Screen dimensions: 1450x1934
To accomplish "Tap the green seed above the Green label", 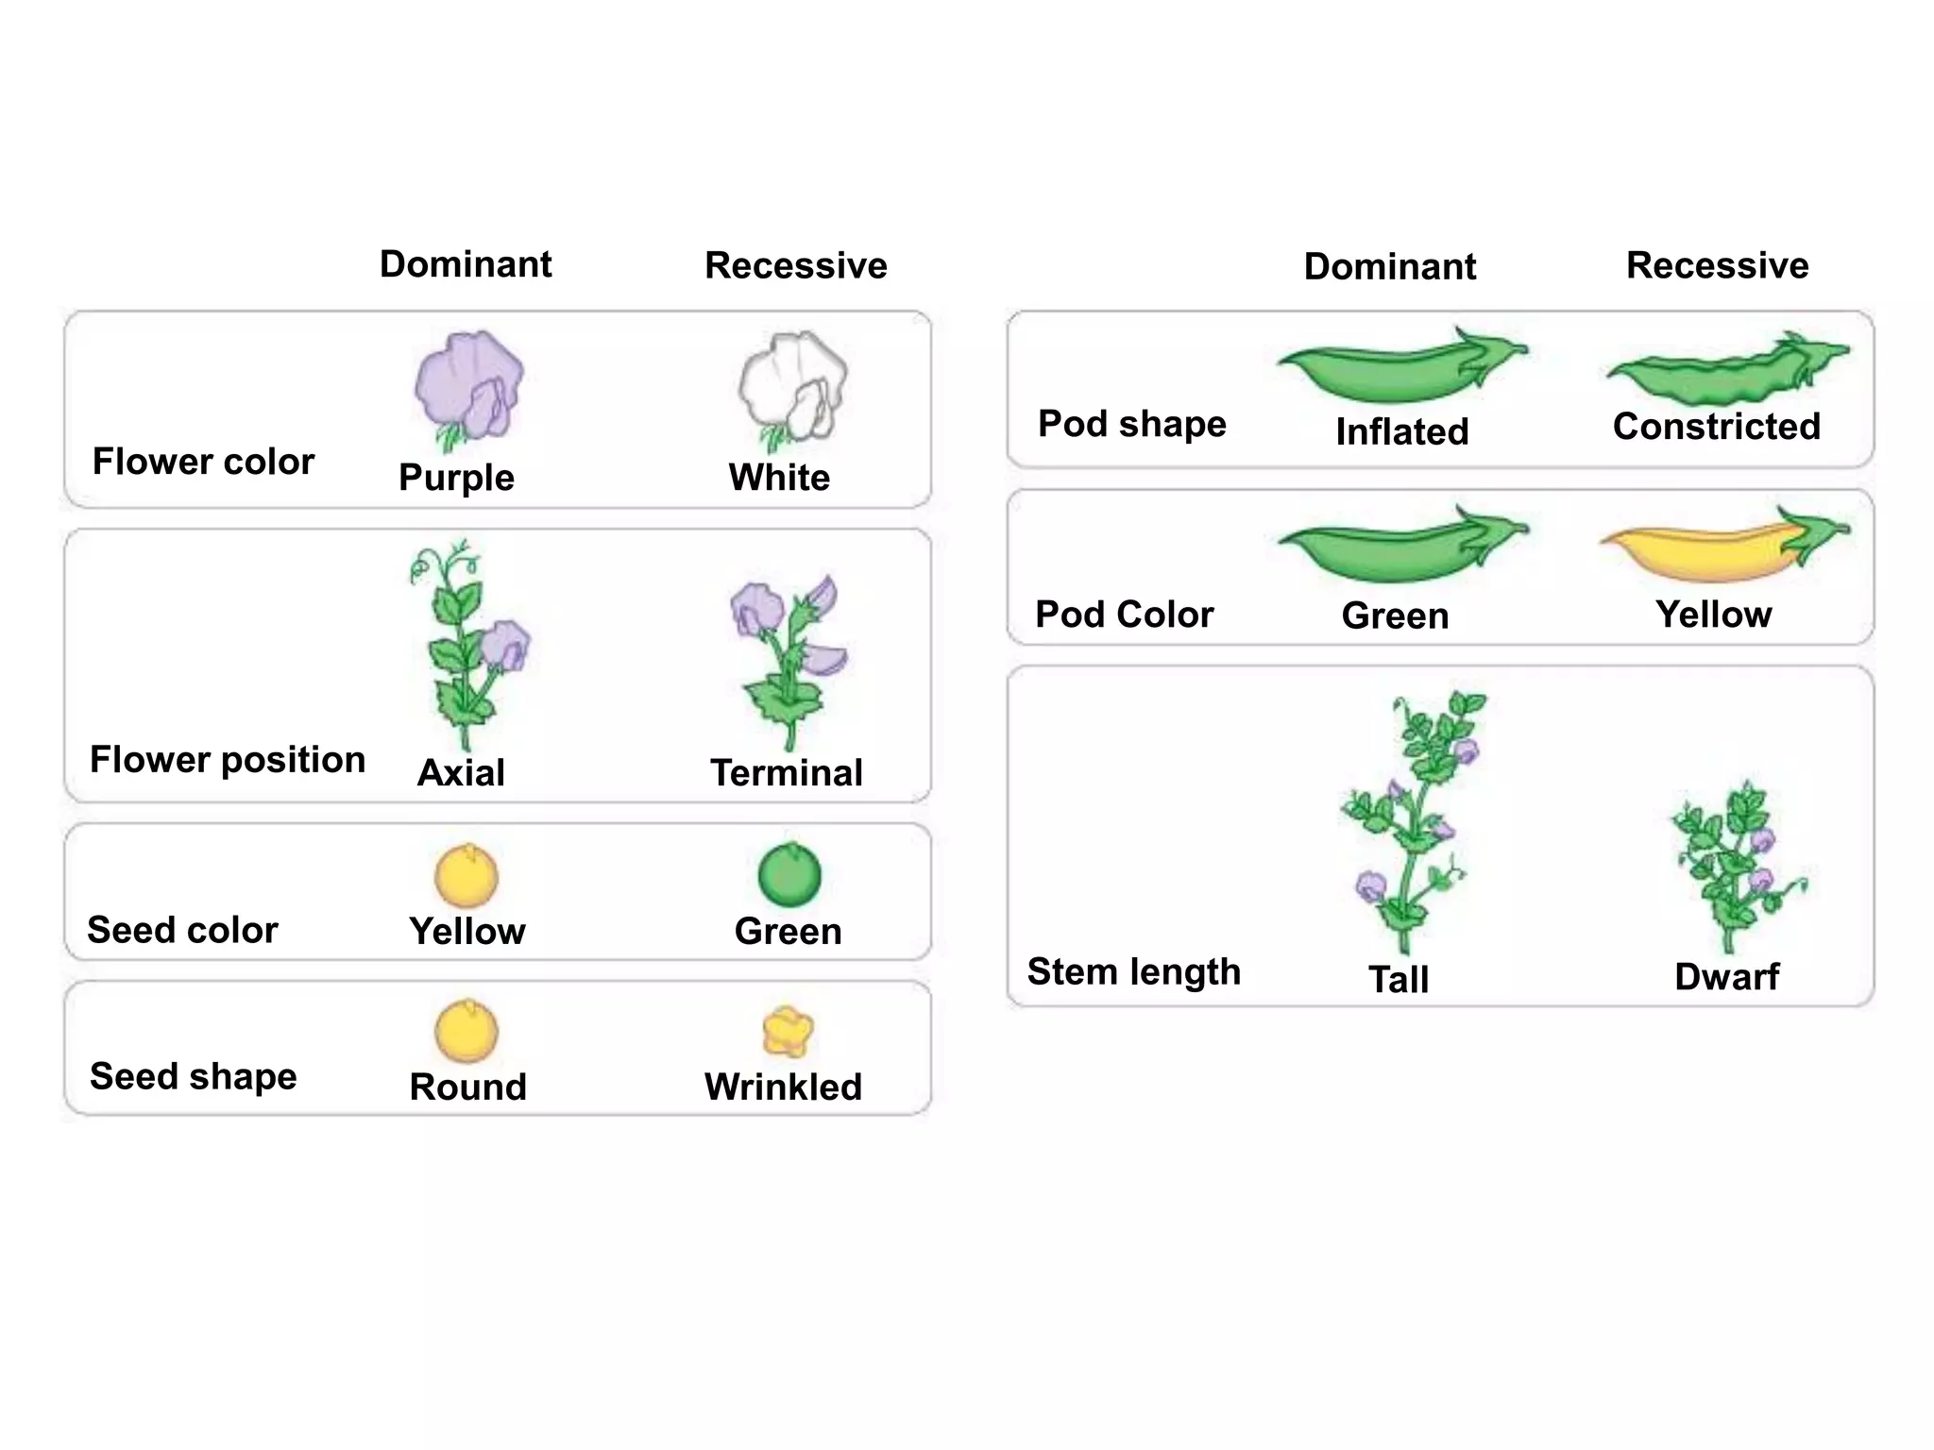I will pos(789,875).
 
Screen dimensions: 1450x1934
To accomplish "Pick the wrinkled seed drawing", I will pos(788,1031).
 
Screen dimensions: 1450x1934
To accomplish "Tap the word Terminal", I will pos(786,773).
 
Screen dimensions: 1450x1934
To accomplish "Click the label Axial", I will pos(461,773).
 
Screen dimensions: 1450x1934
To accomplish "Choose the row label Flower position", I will pos(227,760).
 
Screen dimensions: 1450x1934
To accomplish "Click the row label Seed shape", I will pos(193,1076).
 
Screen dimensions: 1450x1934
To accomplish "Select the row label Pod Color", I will pos(1124,615).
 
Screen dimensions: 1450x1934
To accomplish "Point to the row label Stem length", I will pos(1133,971).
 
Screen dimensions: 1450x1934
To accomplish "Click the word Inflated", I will pos(1401,432).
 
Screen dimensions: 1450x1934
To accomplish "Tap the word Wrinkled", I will pos(783,1087).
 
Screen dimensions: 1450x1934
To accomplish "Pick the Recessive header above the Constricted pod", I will pos(1717,265).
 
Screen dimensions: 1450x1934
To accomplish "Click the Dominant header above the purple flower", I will pos(466,264).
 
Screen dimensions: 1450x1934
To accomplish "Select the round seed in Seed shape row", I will pos(466,1031).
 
